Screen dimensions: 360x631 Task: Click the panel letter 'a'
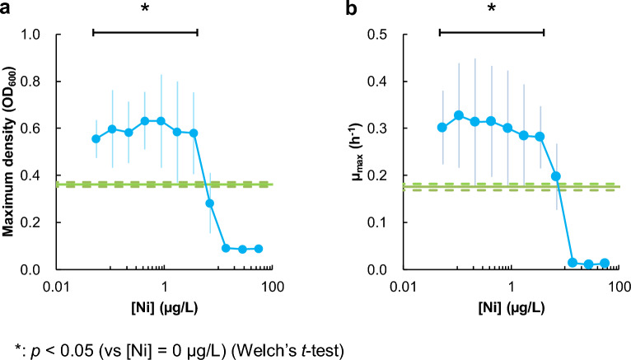pyautogui.click(x=7, y=11)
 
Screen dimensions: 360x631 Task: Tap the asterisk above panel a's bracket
pyautogui.click(x=145, y=10)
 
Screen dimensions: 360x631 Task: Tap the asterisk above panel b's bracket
pyautogui.click(x=492, y=10)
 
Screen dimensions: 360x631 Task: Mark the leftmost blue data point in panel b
pyautogui.click(x=442, y=128)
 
